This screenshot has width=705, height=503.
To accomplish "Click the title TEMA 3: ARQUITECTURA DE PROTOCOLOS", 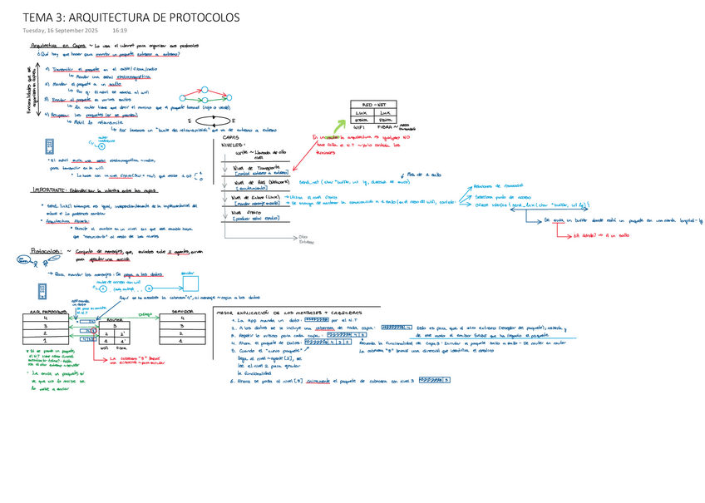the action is pos(131,17).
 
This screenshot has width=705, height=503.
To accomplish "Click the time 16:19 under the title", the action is pos(120,31).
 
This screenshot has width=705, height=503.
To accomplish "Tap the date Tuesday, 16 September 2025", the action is pos(62,31).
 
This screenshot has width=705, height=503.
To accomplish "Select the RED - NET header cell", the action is pos(374,104).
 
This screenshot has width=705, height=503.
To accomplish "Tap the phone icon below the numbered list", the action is pos(51,145).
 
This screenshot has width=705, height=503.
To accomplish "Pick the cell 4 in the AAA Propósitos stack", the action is pos(44,318).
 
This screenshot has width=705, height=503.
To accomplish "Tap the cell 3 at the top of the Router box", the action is pos(113,326).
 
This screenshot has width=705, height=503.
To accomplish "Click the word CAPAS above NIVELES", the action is pos(232,137).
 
